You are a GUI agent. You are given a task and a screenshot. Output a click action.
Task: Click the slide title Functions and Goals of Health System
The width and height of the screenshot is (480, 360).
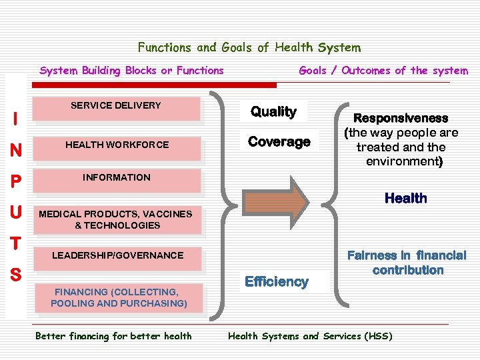249,47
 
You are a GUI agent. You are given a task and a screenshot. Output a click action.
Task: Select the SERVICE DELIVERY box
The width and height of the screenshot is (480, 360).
117,109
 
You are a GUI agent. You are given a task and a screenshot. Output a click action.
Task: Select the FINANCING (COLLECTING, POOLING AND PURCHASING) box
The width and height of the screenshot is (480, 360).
119,298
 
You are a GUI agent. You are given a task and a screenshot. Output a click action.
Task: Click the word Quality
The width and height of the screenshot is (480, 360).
273,111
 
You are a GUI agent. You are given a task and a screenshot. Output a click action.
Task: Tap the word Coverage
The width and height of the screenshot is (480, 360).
279,141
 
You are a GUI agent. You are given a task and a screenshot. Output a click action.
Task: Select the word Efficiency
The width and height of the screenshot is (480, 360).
276,281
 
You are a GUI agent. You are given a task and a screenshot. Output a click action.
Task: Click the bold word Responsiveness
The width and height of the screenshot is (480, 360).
401,118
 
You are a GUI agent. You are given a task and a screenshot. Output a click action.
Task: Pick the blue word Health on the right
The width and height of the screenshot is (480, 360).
405,198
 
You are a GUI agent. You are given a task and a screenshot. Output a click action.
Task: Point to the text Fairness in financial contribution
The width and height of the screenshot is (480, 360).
407,262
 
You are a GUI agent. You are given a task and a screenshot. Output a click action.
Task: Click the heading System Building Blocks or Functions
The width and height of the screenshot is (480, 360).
132,71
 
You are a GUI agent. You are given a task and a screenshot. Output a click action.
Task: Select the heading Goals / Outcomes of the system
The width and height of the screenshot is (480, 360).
383,71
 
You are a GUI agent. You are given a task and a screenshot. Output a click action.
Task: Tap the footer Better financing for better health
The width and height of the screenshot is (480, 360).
113,336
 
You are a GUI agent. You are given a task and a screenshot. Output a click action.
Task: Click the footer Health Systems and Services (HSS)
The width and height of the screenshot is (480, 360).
310,336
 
